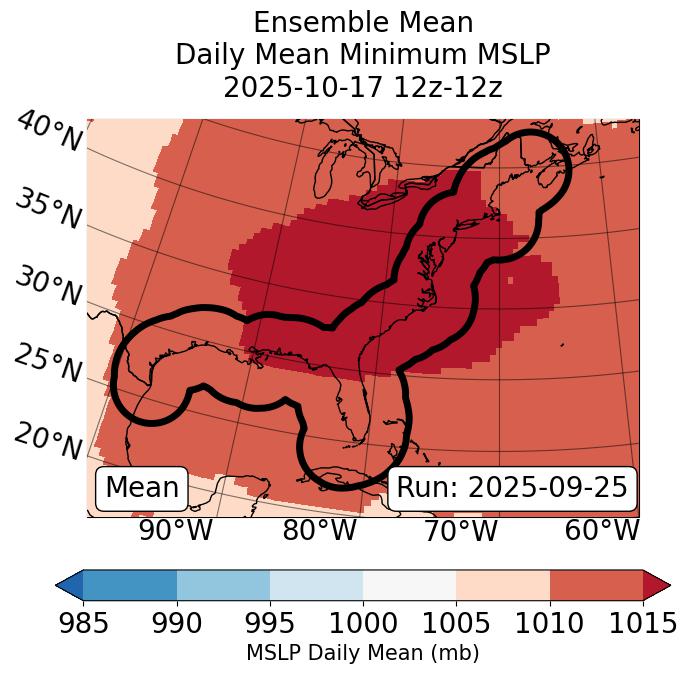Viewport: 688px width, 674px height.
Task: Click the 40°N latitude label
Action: pyautogui.click(x=49, y=133)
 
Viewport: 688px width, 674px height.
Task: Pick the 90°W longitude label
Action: pyautogui.click(x=175, y=530)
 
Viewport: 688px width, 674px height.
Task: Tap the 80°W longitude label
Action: pyautogui.click(x=319, y=530)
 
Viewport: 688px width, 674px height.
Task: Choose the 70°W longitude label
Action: pyautogui.click(x=460, y=530)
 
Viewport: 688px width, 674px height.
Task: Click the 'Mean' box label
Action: pyautogui.click(x=142, y=488)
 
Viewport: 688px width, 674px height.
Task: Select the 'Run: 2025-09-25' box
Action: pyautogui.click(x=512, y=488)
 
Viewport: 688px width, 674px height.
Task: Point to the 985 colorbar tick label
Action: pyautogui.click(x=82, y=623)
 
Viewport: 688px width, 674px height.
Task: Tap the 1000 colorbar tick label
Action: pyautogui.click(x=363, y=623)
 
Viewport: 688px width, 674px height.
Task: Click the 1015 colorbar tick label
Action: pyautogui.click(x=643, y=623)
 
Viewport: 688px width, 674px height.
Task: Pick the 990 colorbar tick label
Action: pyautogui.click(x=176, y=623)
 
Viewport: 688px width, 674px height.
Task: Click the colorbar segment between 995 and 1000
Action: pyautogui.click(x=316, y=584)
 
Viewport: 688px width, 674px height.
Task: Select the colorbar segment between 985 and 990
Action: pyautogui.click(x=129, y=584)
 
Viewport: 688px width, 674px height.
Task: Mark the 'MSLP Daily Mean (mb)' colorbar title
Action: pyautogui.click(x=363, y=653)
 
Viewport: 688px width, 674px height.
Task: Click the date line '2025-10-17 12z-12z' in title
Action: pyautogui.click(x=363, y=87)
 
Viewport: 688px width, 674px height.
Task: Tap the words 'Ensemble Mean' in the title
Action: pyautogui.click(x=363, y=22)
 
